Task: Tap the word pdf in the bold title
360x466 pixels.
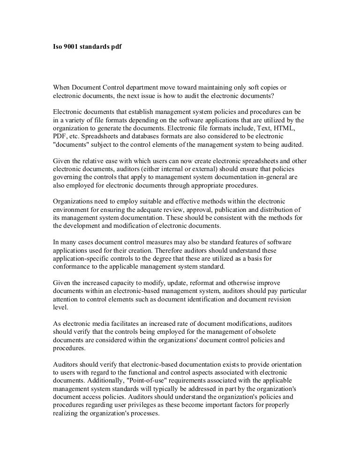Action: (115, 48)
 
